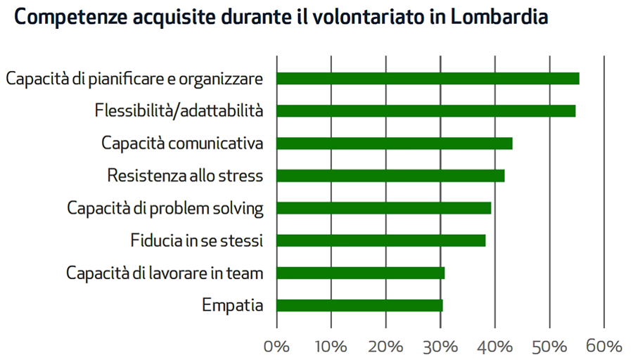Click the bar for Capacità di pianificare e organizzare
(428, 79)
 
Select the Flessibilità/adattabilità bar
(426, 111)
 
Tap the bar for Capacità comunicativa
(394, 143)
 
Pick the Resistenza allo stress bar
(390, 176)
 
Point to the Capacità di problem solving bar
(383, 208)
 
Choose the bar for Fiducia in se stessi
(381, 240)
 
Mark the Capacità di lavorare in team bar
(360, 273)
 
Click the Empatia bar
(359, 305)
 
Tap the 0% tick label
(276, 347)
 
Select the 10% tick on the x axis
(331, 347)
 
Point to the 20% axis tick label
(385, 347)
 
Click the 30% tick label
(440, 347)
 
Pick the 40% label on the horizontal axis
(495, 347)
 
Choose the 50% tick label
(549, 347)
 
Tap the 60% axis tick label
(604, 347)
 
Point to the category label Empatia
(232, 306)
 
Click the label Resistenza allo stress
(185, 176)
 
